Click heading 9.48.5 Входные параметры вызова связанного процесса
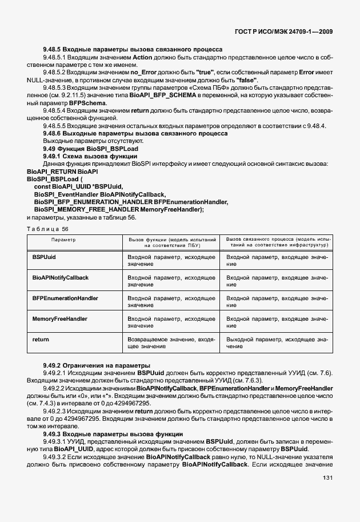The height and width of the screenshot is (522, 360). coord(133,50)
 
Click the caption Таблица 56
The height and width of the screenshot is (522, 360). coord(43,227)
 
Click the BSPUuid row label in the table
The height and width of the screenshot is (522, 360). coord(45,257)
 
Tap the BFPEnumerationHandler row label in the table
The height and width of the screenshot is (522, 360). coord(65,298)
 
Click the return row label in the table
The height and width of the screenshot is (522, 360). coord(41,340)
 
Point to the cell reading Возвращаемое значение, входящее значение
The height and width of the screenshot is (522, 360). coord(171,343)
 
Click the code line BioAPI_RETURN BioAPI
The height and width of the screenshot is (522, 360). coord(62,171)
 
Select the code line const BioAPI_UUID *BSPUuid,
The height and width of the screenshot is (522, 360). coord(78,186)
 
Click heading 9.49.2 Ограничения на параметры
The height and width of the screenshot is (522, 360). coord(89,365)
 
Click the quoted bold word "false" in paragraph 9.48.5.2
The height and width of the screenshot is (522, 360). coord(246,79)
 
